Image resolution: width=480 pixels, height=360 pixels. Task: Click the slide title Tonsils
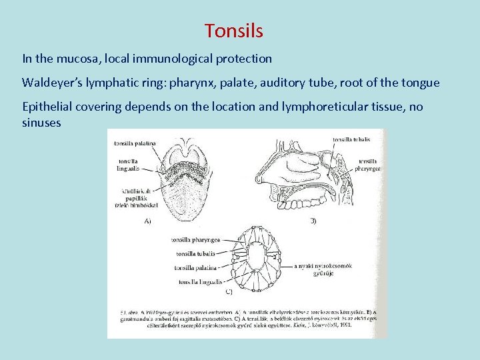click(x=234, y=31)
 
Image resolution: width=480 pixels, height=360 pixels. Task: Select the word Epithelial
click(x=49, y=107)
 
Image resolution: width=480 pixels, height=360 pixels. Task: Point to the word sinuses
click(x=41, y=123)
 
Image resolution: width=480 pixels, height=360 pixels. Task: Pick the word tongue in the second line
click(x=420, y=83)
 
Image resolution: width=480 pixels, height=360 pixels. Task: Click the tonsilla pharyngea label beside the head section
click(x=369, y=165)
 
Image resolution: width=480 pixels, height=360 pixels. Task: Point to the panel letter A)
click(x=147, y=221)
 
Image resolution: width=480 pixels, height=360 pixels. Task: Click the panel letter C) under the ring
click(x=228, y=291)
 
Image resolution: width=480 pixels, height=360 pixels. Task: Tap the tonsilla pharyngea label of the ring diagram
click(x=195, y=239)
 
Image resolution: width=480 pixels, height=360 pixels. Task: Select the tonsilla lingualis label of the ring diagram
click(x=197, y=281)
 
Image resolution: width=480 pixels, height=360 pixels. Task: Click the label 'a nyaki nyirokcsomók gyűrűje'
click(x=324, y=269)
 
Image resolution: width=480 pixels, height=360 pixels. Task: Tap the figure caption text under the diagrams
click(x=247, y=320)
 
